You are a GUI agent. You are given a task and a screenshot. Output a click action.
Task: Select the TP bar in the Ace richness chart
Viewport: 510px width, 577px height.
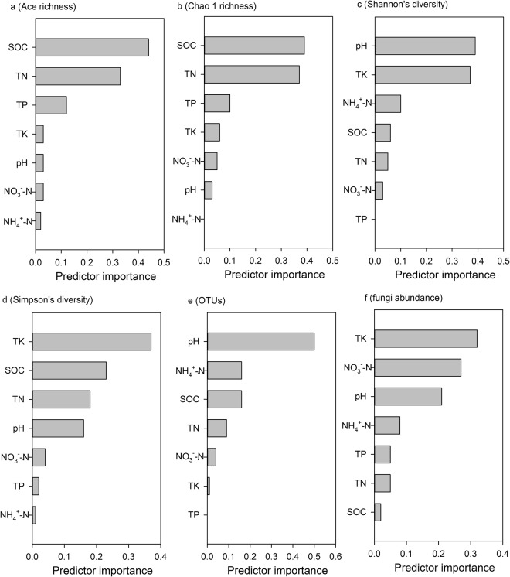point(51,105)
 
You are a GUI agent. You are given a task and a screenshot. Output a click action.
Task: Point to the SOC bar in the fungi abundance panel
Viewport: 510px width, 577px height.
point(378,513)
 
